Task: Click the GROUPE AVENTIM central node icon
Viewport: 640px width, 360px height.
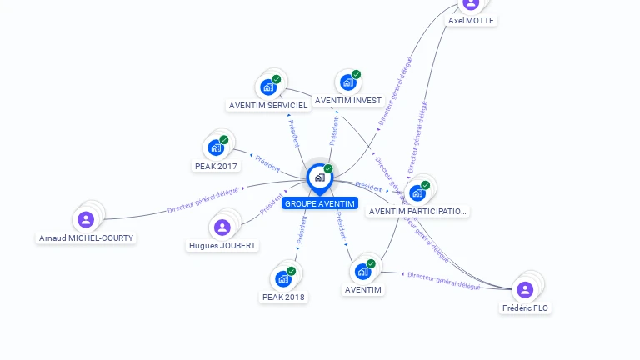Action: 319,177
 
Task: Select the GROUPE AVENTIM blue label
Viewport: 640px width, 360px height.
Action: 319,203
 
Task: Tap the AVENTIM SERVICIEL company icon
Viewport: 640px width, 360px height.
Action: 268,87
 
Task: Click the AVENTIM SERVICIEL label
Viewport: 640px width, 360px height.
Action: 268,106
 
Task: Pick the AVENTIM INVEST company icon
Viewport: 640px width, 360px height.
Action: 347,82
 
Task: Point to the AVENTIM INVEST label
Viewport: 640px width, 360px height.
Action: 348,101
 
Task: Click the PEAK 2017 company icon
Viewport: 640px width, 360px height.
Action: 216,147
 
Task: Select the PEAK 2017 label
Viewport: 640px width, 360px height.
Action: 216,166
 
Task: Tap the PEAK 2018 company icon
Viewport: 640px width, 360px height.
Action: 283,278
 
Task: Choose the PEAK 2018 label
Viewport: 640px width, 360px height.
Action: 283,297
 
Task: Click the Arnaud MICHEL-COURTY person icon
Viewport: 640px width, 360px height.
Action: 86,219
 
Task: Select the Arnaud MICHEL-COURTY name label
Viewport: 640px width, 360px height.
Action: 86,237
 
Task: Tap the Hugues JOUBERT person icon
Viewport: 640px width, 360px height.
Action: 222,227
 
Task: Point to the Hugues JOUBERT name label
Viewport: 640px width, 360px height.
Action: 222,245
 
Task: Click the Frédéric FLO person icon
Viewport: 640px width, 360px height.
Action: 525,289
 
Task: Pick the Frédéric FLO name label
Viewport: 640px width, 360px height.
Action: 526,307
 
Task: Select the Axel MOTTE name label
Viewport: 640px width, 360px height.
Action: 471,20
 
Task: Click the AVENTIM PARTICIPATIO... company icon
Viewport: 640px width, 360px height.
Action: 417,192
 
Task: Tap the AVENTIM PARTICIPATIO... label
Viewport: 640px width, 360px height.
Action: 417,212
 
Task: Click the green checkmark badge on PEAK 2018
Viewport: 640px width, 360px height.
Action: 292,271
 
